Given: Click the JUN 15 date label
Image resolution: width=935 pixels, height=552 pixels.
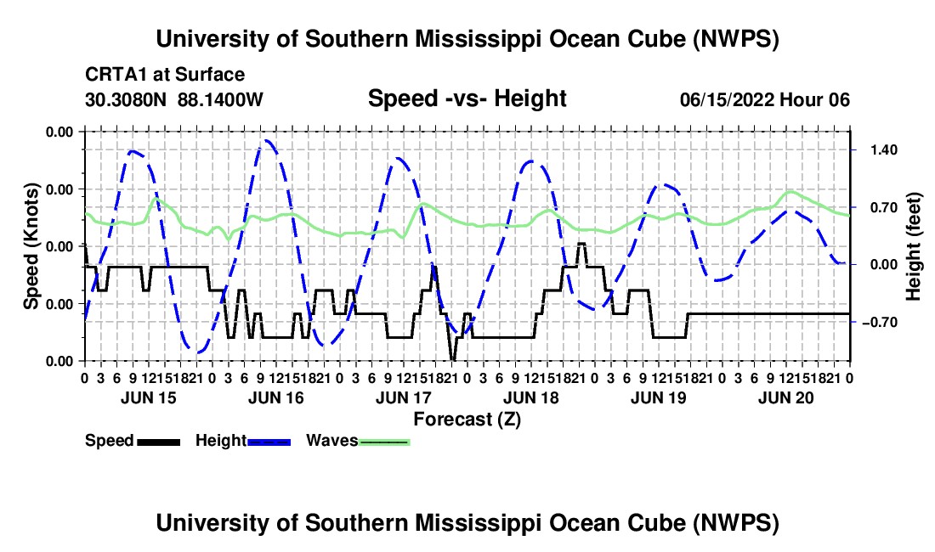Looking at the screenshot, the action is coord(149,397).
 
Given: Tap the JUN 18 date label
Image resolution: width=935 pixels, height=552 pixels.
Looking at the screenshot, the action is coord(531,397).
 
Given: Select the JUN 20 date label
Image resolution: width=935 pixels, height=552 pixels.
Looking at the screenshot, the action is coord(786,397).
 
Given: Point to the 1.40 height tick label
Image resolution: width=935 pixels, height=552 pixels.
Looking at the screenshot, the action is coord(884,150).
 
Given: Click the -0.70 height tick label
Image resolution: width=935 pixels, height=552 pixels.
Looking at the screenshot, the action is coord(880,323).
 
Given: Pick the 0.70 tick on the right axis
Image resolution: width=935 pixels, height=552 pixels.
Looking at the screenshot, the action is coord(884,208).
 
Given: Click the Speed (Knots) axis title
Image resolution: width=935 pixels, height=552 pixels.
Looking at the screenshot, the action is coord(31,246).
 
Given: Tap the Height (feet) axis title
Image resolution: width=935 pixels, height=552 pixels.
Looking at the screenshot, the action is coord(913,246).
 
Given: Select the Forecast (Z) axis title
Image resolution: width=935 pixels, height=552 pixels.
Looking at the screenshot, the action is coord(467,420).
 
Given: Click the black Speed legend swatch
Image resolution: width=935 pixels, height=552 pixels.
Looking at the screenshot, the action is coord(159,442).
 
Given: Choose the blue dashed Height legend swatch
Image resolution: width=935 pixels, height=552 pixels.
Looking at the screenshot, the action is coord(269,442).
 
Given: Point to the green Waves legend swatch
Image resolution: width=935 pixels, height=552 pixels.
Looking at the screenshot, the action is coord(384,442).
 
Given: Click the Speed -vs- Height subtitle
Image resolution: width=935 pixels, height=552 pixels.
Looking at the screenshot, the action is coord(467,99).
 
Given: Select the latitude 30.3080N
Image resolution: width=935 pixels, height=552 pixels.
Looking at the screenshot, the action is coord(126,99).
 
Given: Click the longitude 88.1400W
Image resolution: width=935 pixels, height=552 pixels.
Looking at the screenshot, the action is coord(220,99).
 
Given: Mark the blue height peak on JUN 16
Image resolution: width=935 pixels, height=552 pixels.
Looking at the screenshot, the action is coord(267,140).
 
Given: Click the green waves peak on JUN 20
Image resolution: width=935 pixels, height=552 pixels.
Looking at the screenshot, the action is coord(791,192).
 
